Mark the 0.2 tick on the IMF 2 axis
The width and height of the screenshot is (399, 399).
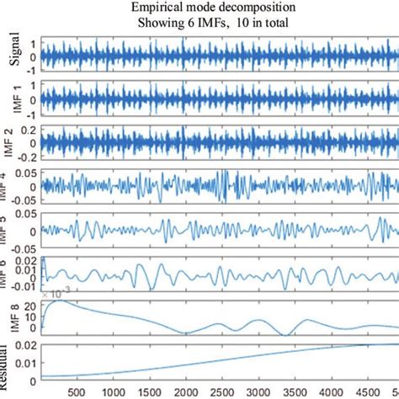(29, 132)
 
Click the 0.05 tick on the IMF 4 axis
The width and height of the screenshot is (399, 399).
(24, 173)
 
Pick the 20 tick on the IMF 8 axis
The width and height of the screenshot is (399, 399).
(30, 305)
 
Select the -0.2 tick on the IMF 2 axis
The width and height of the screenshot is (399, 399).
(26, 157)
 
